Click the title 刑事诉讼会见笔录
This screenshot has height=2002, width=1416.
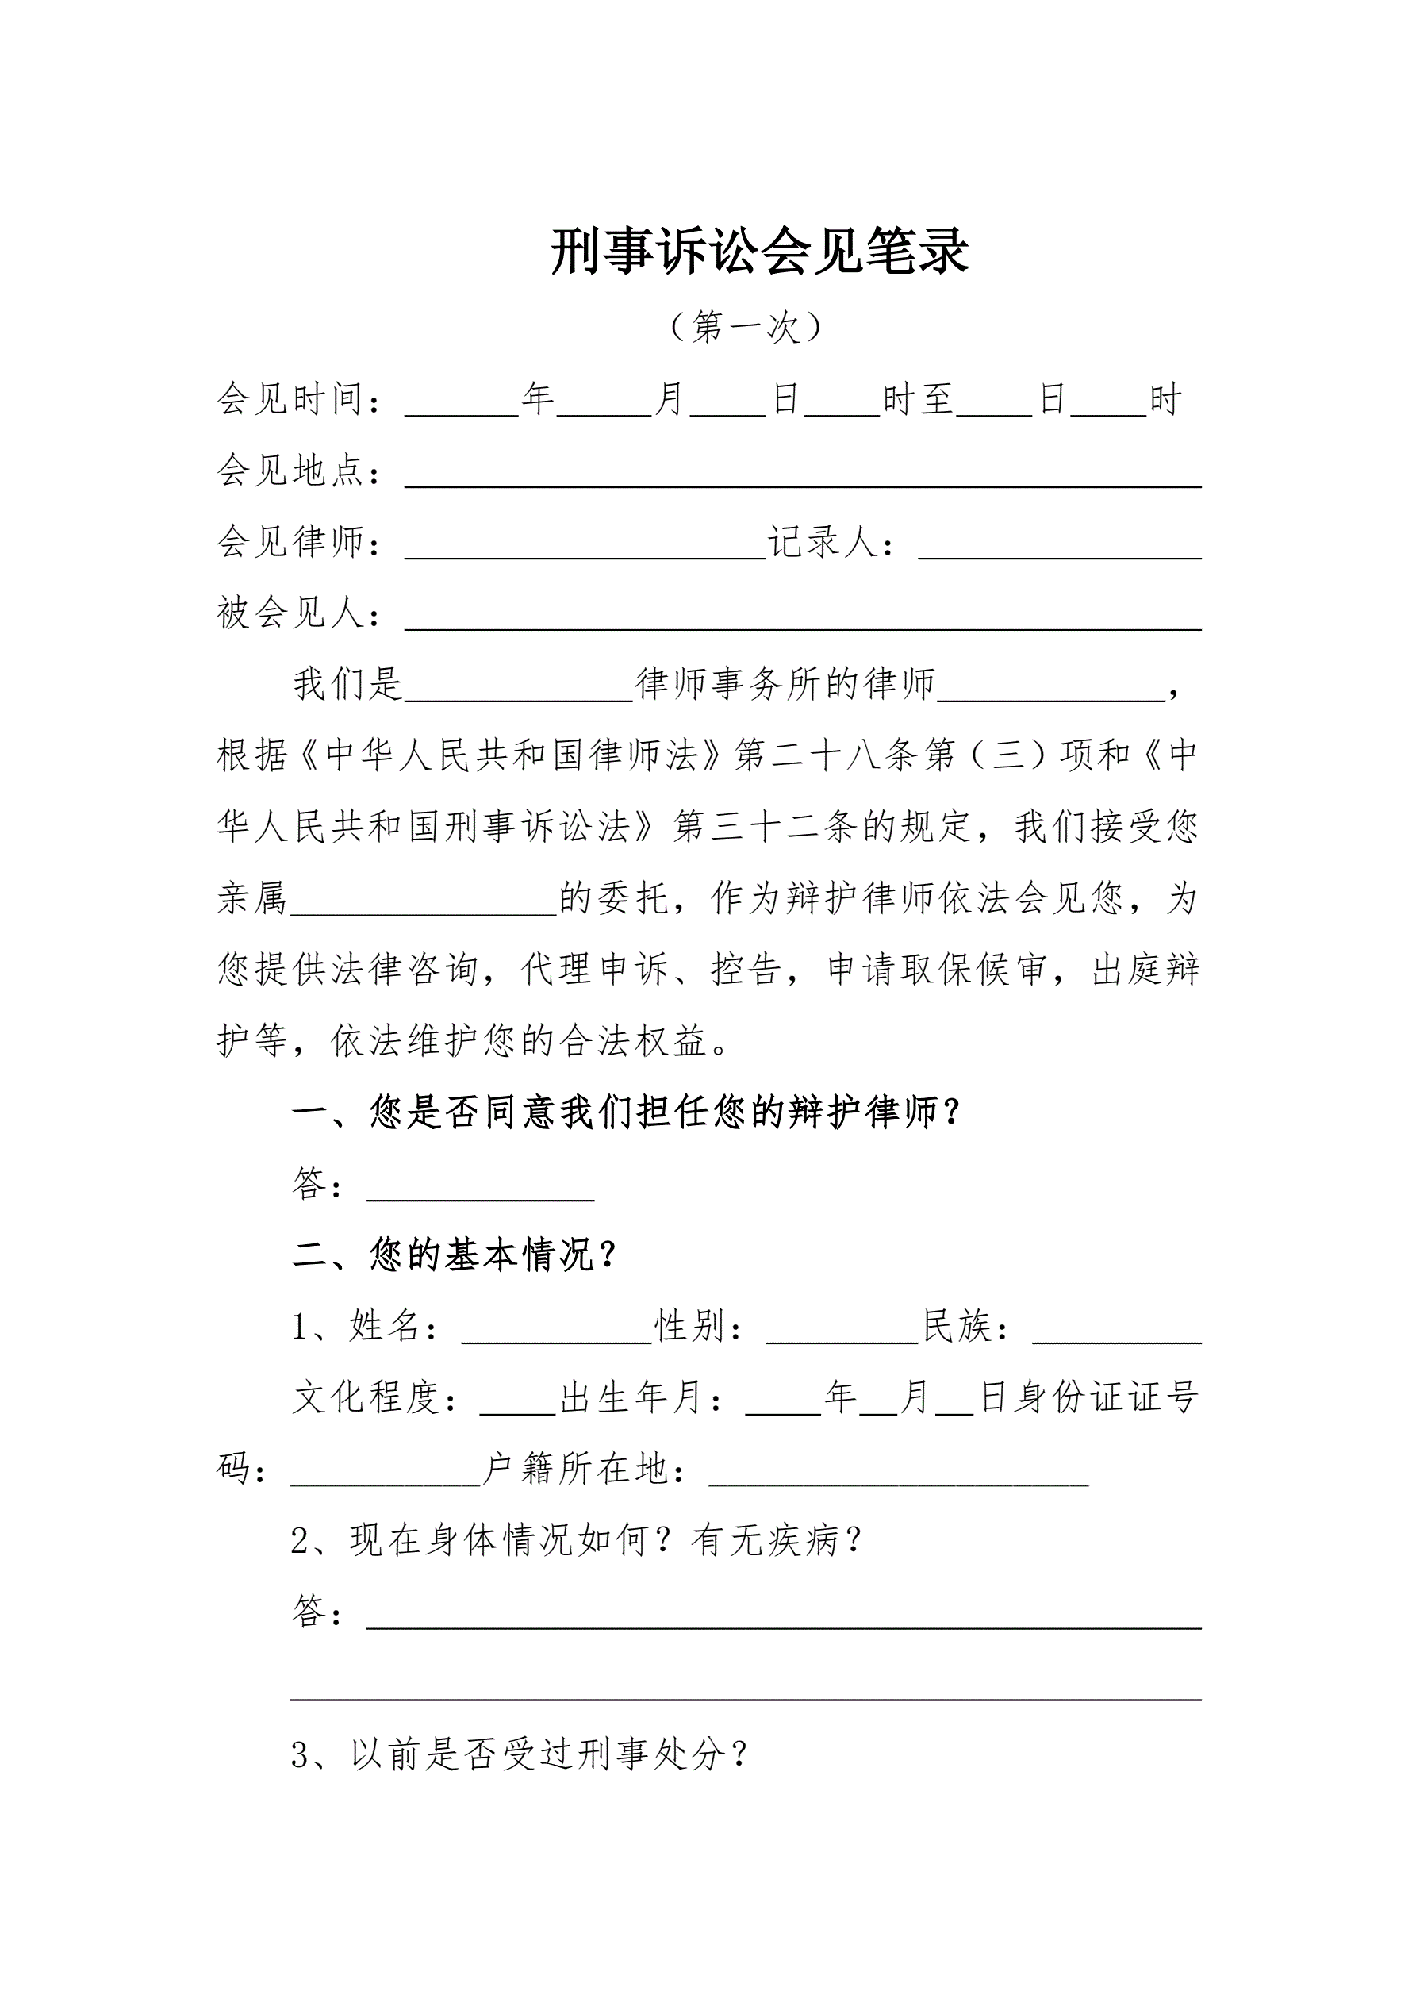click(x=759, y=253)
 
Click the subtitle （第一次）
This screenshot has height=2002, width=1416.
click(x=746, y=328)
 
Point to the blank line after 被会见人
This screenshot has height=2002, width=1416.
click(x=802, y=617)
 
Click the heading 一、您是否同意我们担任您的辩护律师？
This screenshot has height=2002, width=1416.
click(x=626, y=1113)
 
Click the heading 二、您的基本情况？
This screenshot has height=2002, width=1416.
click(x=455, y=1255)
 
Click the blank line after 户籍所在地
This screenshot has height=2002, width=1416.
click(x=898, y=1473)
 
